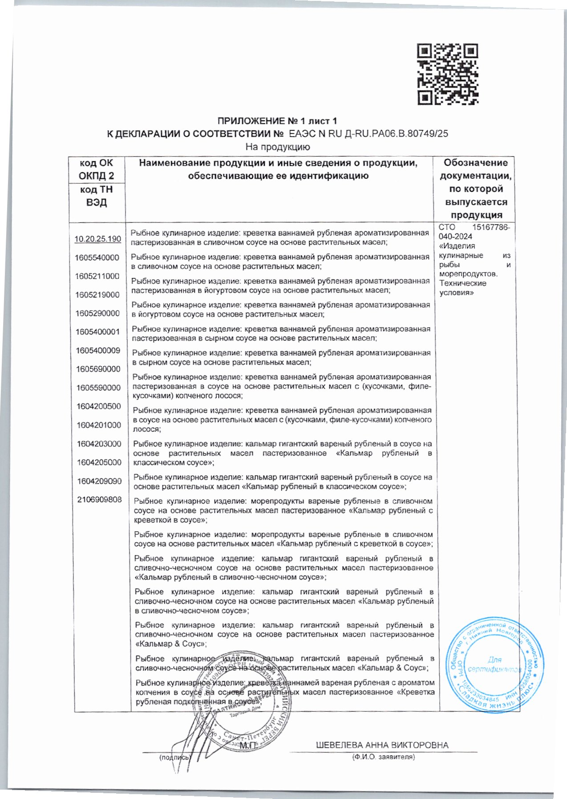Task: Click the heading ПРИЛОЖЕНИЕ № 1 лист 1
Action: point(277,121)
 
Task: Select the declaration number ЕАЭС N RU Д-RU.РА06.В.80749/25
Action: point(369,133)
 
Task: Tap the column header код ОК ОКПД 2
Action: point(97,169)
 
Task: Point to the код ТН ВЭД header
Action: point(97,196)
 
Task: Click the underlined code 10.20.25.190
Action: point(97,239)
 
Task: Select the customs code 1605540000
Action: point(97,258)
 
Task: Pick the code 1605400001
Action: point(97,332)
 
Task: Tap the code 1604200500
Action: point(98,406)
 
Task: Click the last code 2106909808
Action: point(99,499)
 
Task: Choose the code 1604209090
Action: point(99,481)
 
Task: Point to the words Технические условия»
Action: point(463,288)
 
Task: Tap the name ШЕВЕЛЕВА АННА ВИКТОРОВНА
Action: point(382,745)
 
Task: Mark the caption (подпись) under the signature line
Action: point(174,757)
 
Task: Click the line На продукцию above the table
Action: point(278,147)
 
